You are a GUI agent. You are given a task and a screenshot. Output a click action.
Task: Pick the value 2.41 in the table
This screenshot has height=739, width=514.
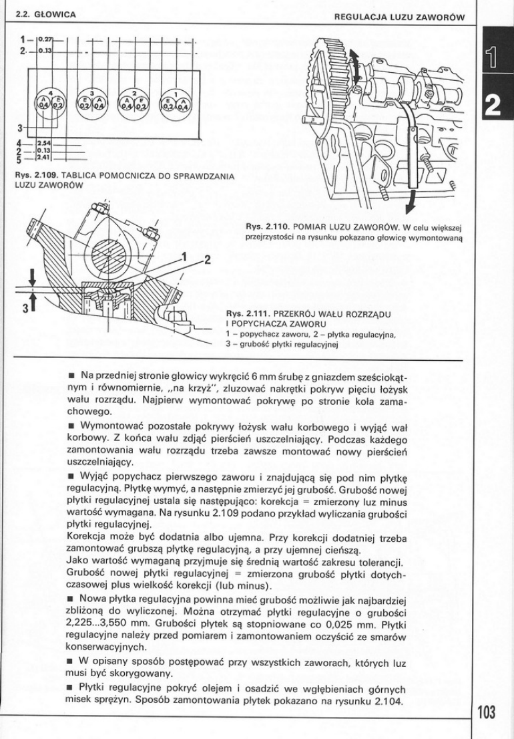point(45,158)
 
